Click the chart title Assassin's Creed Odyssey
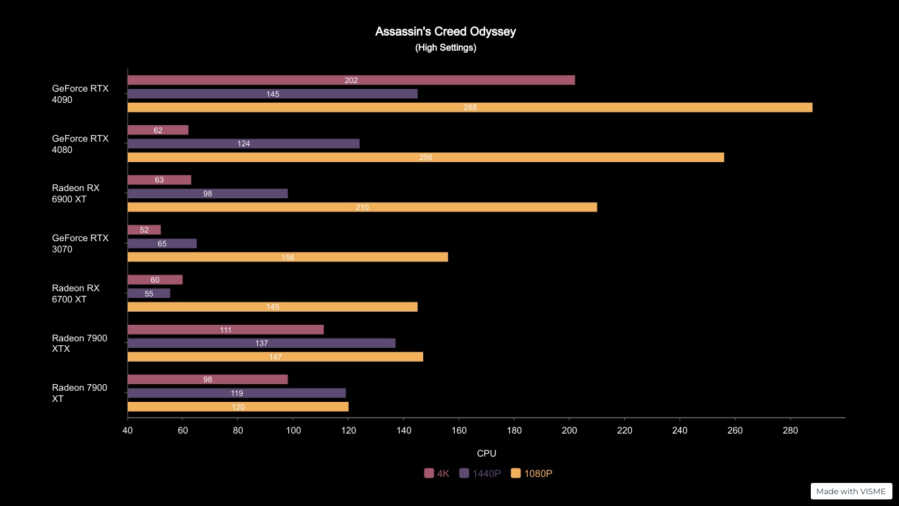[x=446, y=32]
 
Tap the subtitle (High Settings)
[x=446, y=48]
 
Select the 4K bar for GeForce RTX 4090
[x=351, y=80]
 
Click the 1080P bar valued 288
[x=469, y=107]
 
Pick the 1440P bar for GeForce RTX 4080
[x=244, y=144]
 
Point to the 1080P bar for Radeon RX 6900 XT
[x=362, y=208]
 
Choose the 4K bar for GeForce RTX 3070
[x=144, y=230]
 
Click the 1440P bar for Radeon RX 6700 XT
[x=149, y=293]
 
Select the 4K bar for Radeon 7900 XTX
[x=225, y=330]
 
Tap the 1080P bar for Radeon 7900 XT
[x=238, y=407]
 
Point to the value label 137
[x=261, y=343]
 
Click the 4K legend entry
[x=437, y=474]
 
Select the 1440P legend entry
[x=480, y=474]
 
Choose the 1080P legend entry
[x=532, y=474]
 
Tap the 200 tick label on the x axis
[x=569, y=431]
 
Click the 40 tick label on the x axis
[x=128, y=431]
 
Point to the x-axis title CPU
[x=486, y=453]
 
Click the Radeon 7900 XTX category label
[x=80, y=343]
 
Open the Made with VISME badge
[x=851, y=492]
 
